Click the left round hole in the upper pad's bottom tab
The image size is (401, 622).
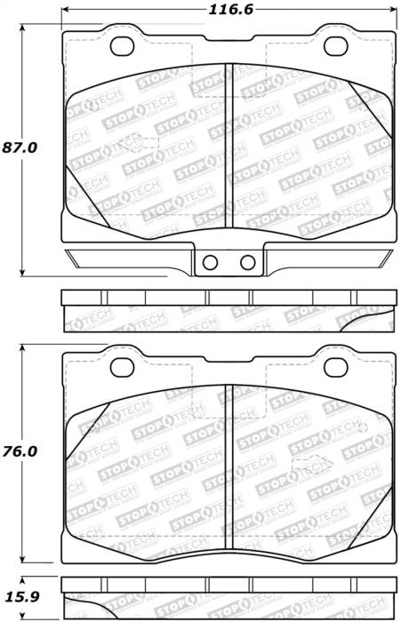click(x=211, y=262)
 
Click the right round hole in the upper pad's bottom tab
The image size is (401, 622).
click(x=247, y=262)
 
